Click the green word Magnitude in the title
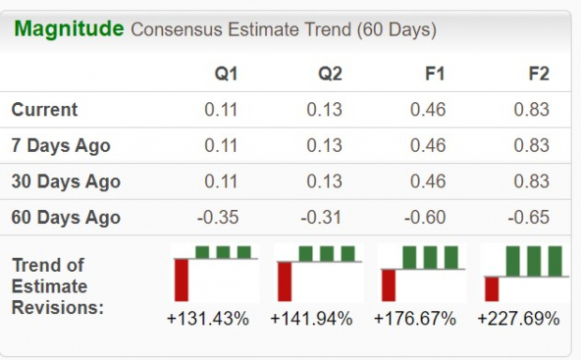click(68, 29)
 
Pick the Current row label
click(45, 110)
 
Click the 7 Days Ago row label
click(61, 145)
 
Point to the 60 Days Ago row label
click(66, 217)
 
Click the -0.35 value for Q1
click(220, 217)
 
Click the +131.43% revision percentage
click(208, 319)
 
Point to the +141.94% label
click(311, 319)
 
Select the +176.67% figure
click(414, 319)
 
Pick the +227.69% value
click(517, 319)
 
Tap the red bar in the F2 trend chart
click(491, 288)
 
